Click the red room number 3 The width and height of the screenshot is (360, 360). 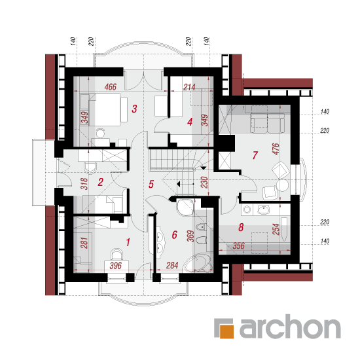click(x=134, y=109)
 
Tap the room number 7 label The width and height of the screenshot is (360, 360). click(x=255, y=155)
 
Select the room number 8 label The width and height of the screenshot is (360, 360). click(x=241, y=227)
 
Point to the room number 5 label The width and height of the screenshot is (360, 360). click(x=151, y=184)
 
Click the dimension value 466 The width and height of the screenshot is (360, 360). click(x=111, y=87)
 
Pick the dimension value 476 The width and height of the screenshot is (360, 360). click(x=276, y=149)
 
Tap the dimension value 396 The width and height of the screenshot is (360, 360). click(x=115, y=266)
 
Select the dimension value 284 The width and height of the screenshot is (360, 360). click(x=172, y=265)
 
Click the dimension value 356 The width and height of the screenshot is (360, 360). click(x=238, y=246)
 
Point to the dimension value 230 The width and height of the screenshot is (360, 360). click(x=204, y=183)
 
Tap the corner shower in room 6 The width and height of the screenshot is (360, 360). click(x=185, y=207)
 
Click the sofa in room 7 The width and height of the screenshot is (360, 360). click(x=267, y=119)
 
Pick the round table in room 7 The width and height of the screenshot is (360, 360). click(x=283, y=185)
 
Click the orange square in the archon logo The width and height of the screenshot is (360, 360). click(x=227, y=331)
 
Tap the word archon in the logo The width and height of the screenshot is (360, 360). click(x=290, y=326)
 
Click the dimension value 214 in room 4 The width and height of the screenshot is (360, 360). click(x=189, y=87)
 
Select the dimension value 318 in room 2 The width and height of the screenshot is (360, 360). click(x=84, y=184)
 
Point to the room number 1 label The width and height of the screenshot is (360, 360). click(x=128, y=242)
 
